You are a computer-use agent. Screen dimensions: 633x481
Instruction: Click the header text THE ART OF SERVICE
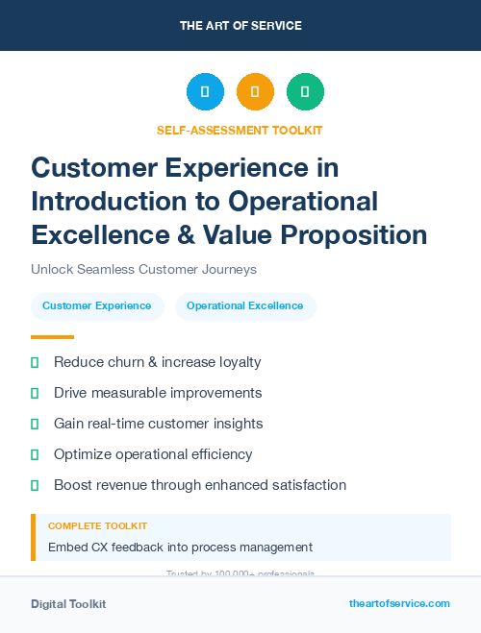click(x=240, y=25)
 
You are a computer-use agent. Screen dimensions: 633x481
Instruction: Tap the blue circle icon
click(x=205, y=91)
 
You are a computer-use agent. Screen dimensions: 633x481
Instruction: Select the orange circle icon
click(x=255, y=91)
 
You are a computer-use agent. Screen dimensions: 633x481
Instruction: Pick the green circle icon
click(x=305, y=91)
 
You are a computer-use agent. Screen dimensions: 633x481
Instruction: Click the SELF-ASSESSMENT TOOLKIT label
click(x=240, y=130)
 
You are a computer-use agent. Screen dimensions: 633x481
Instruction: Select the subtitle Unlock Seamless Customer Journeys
click(x=143, y=270)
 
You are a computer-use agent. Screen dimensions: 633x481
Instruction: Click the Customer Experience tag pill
click(x=97, y=306)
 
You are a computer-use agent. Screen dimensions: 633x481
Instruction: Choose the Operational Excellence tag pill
click(x=244, y=306)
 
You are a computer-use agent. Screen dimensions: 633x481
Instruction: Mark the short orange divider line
click(x=52, y=337)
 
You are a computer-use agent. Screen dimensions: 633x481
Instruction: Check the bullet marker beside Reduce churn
click(x=35, y=362)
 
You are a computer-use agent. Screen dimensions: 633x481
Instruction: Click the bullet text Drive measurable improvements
click(x=158, y=393)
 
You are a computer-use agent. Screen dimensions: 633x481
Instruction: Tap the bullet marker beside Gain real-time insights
click(x=35, y=424)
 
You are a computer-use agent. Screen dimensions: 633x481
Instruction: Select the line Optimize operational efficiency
click(x=153, y=454)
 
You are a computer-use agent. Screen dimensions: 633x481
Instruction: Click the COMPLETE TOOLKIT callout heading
click(x=97, y=526)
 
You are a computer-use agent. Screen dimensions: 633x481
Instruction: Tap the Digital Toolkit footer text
click(x=68, y=604)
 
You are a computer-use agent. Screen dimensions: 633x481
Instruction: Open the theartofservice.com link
click(x=399, y=603)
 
